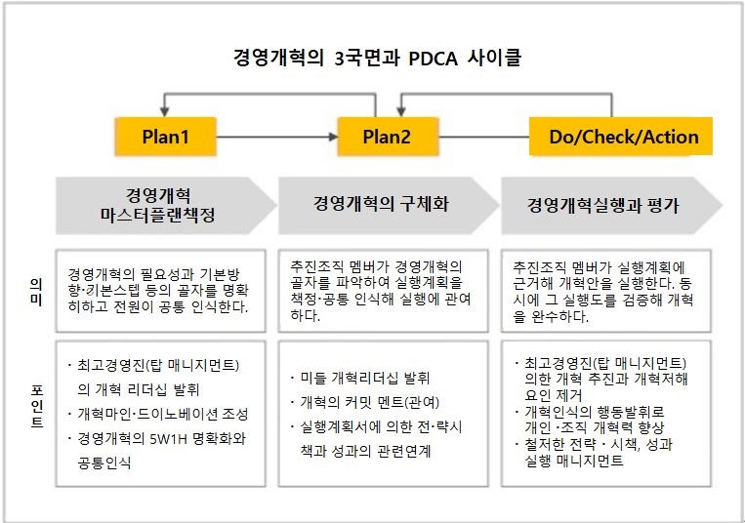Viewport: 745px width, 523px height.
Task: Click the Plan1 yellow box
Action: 165,137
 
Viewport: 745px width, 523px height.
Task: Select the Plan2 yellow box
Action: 388,137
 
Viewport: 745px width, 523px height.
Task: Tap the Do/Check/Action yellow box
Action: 621,137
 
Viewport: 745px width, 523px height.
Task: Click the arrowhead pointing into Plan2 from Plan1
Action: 334,137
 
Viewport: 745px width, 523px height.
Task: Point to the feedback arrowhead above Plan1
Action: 164,112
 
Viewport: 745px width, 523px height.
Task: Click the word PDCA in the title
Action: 433,59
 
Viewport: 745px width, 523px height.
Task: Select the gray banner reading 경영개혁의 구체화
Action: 388,206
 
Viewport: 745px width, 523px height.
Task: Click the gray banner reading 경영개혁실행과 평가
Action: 611,206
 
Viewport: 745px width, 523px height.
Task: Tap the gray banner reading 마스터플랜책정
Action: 166,206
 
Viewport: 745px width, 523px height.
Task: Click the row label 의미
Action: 36,292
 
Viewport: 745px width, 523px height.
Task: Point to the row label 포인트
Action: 37,407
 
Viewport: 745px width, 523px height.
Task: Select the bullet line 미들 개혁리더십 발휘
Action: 364,379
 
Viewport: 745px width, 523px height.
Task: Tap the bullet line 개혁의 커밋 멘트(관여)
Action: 369,402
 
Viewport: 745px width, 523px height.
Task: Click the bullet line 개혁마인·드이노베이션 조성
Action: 162,415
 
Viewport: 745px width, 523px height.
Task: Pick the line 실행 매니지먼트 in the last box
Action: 573,461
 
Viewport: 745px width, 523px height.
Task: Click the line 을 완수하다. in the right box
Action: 551,316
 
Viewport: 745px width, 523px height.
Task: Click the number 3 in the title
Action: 339,59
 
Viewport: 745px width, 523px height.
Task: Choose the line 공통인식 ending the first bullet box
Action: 104,463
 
